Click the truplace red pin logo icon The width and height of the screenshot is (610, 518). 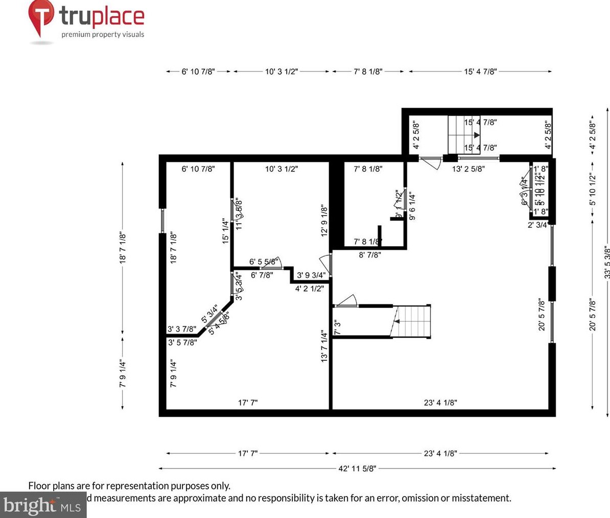41,16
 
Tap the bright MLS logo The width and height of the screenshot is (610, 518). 41,505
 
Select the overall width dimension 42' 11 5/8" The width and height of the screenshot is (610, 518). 357,468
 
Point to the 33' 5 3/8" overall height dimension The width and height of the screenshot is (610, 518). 606,263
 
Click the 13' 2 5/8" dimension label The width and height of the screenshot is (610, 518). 468,169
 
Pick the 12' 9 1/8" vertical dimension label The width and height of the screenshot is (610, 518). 323,220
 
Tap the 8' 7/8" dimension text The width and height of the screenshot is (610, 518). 369,255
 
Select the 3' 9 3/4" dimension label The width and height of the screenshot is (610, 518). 311,275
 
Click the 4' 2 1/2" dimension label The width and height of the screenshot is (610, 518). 310,289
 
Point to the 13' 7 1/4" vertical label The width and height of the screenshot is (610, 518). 324,346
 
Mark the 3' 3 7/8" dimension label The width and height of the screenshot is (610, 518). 182,329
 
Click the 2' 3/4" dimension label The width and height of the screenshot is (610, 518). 537,224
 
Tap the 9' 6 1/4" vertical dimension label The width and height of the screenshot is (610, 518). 412,206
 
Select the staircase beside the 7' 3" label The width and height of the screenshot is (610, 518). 411,321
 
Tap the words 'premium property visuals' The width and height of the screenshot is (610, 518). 103,35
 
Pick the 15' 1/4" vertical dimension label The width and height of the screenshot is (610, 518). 225,231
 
